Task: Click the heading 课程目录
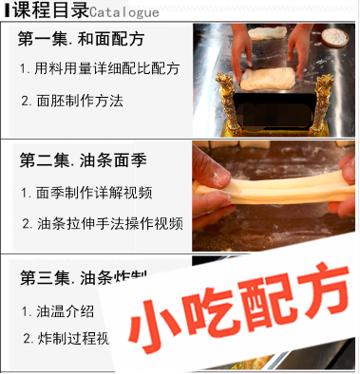pyautogui.click(x=48, y=10)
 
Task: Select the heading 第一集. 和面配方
pyautogui.click(x=83, y=41)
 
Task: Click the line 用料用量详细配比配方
pyautogui.click(x=100, y=69)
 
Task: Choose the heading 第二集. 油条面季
pyautogui.click(x=83, y=159)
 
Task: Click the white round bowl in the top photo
pyautogui.click(x=335, y=38)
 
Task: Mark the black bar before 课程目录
pyautogui.click(x=7, y=11)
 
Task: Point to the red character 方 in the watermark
pyautogui.click(x=319, y=304)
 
